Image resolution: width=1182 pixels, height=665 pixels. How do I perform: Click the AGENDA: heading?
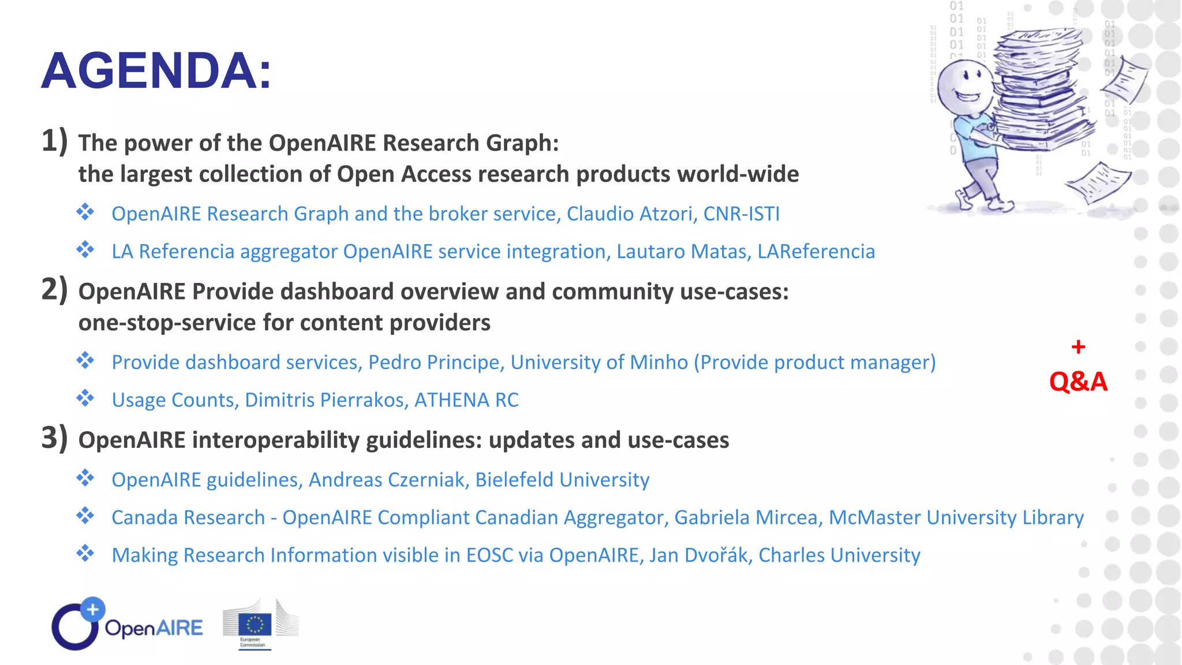coord(156,71)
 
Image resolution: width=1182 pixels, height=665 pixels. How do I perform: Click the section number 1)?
coord(54,141)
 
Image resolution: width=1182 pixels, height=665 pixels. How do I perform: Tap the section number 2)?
coord(54,289)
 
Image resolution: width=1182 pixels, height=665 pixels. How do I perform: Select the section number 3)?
coord(54,438)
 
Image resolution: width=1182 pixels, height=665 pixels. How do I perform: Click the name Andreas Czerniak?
coord(388,480)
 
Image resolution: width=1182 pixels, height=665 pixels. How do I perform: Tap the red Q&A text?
coord(1078,382)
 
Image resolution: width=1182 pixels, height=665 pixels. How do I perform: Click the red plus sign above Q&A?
coord(1078,347)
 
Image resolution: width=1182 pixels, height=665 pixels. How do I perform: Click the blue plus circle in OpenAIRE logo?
coord(92,610)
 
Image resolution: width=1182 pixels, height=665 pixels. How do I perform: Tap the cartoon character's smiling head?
coord(964,87)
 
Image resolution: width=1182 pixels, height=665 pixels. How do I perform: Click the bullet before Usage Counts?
coord(85,398)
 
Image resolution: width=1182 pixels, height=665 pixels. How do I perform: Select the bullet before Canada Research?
coord(85,515)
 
